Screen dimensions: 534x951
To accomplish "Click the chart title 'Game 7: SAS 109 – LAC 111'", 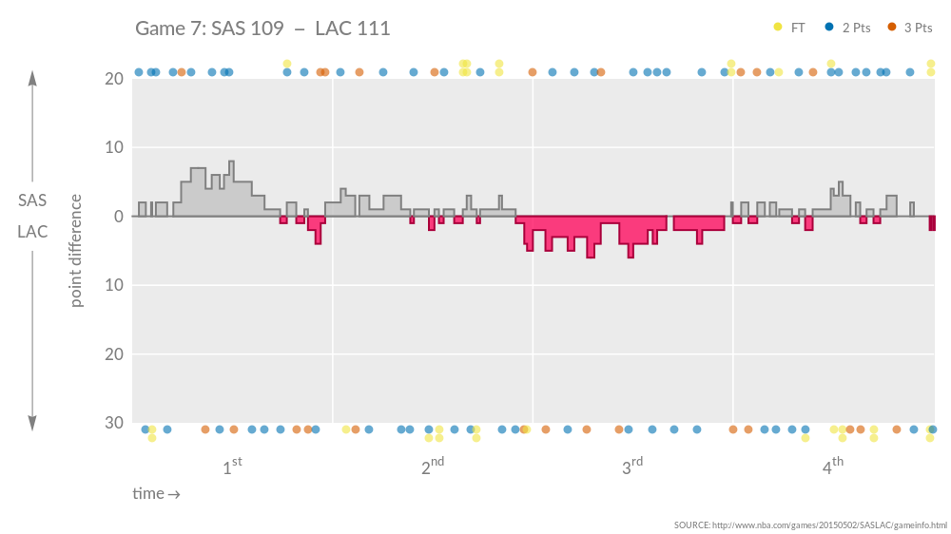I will click(262, 29).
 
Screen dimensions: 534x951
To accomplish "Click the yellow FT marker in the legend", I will click(779, 28).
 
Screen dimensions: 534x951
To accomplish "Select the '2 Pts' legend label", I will click(856, 28).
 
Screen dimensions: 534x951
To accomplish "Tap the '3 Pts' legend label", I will click(918, 28).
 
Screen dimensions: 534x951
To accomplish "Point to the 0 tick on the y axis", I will click(119, 217).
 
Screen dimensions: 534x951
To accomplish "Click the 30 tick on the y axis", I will click(113, 423).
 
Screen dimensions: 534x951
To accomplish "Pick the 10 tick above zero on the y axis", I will click(113, 148).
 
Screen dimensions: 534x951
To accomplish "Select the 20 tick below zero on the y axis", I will click(113, 354).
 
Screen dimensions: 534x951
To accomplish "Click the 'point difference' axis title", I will click(76, 250).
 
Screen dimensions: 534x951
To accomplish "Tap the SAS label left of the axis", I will click(32, 200).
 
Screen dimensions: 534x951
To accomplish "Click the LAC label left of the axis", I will click(32, 232).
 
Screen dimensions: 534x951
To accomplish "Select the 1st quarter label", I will click(232, 467).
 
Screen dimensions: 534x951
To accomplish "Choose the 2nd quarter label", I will click(433, 467).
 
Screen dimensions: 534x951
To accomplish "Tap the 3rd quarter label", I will click(632, 467).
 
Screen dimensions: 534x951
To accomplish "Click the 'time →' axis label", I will click(156, 494).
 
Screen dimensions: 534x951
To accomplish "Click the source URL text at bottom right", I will click(810, 525).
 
